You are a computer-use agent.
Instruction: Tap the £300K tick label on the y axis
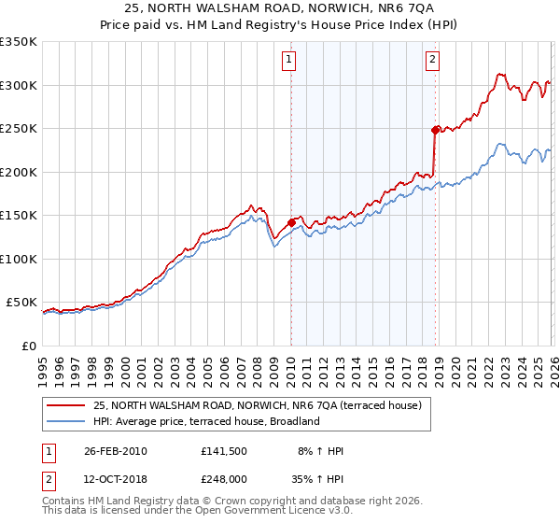[19, 85]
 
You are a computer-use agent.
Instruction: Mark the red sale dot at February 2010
[291, 222]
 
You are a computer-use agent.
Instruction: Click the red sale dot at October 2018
[435, 130]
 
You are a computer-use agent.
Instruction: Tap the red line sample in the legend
[66, 405]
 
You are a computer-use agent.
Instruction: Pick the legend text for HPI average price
[206, 421]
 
